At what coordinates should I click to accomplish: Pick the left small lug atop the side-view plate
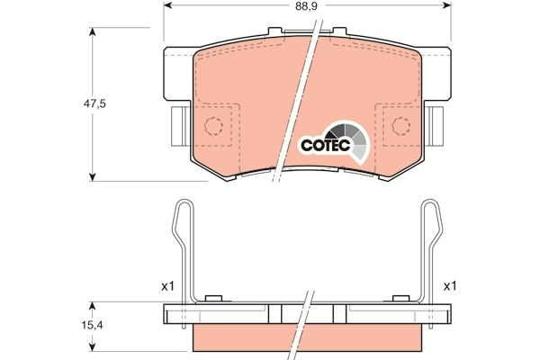pos(213,300)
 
